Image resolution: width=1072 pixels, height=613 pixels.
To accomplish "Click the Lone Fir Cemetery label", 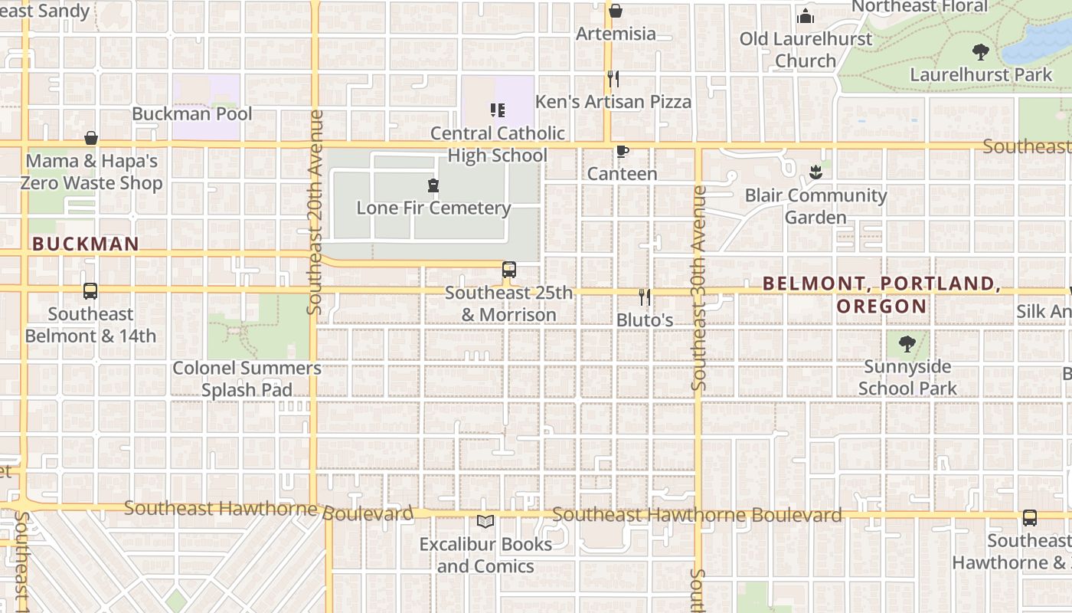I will click(433, 208).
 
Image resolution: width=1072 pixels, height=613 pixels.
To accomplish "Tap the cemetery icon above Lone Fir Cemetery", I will click(433, 185).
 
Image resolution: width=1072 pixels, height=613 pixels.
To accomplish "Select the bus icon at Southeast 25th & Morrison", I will click(508, 270).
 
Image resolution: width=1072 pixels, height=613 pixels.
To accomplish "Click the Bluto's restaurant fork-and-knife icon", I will click(645, 297).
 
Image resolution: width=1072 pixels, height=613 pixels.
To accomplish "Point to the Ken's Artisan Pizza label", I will click(613, 101).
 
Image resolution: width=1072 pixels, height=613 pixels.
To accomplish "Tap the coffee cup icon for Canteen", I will click(622, 152).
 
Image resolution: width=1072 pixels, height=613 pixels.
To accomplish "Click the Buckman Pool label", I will click(191, 113).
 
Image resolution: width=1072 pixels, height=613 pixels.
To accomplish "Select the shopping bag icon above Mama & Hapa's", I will click(91, 138).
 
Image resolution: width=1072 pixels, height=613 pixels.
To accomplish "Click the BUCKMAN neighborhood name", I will click(86, 244).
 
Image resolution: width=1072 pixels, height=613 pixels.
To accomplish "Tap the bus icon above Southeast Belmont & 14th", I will click(90, 291).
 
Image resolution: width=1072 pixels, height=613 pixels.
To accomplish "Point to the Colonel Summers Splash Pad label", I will click(247, 379).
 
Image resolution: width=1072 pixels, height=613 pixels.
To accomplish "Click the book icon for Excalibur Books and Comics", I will click(485, 522).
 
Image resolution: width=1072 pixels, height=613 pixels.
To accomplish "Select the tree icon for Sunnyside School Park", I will click(907, 344).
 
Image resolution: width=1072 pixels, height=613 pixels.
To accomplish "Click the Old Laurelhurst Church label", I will click(806, 49).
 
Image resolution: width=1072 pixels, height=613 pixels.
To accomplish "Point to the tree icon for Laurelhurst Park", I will click(980, 52).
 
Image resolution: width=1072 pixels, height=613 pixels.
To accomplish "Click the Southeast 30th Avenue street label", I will click(698, 288).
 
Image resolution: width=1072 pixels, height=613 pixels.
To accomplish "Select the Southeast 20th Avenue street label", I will click(315, 212).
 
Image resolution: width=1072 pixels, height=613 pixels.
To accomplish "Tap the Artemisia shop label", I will click(616, 34).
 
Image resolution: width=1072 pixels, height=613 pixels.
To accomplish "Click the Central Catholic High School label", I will click(497, 144).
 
